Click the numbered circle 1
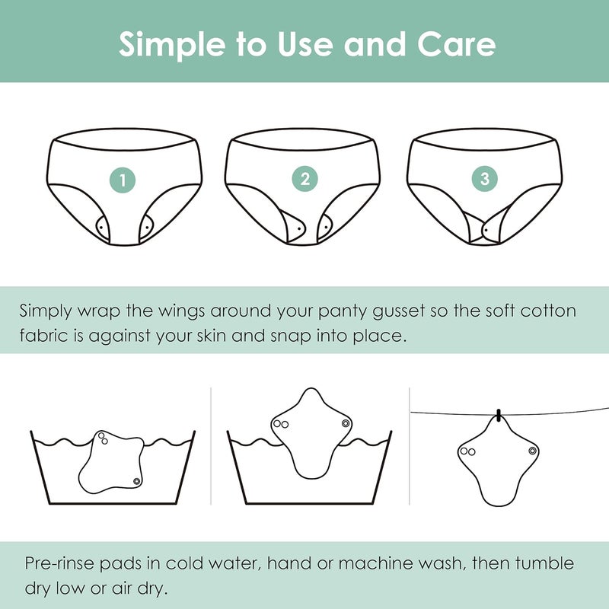coord(123,180)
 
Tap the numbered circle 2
coord(305,179)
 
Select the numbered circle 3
coord(485,179)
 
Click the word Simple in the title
coord(172,45)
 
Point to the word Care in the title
coord(456,44)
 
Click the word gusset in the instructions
coord(398,312)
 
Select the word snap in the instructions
coord(291,336)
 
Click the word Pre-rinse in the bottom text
coord(59,563)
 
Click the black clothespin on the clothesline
coord(499,415)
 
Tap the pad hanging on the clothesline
coord(499,462)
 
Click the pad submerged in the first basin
coord(110,462)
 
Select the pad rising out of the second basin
coord(311,433)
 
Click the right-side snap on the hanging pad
coord(532,451)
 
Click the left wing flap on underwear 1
coord(103,227)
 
